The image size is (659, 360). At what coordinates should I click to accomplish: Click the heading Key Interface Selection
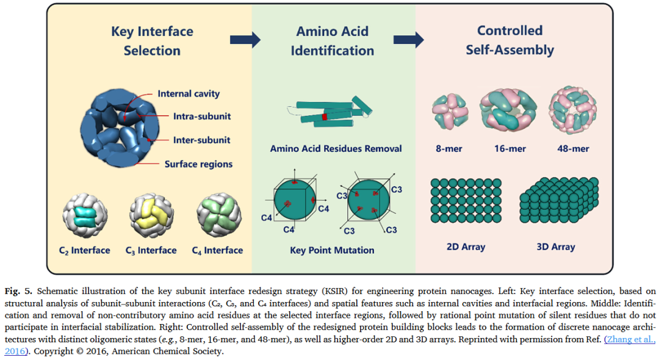pyautogui.click(x=152, y=41)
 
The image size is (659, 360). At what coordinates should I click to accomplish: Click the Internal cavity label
pyautogui.click(x=189, y=94)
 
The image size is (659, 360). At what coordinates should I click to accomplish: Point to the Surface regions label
pyautogui.click(x=198, y=164)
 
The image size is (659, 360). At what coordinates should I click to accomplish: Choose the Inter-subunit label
pyautogui.click(x=201, y=140)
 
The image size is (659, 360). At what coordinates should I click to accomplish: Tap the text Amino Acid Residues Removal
pyautogui.click(x=336, y=148)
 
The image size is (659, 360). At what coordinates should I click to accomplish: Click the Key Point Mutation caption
pyautogui.click(x=332, y=250)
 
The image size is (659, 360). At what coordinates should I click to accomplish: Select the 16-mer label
pyautogui.click(x=509, y=148)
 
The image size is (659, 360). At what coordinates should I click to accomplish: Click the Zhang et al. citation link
pyautogui.click(x=628, y=339)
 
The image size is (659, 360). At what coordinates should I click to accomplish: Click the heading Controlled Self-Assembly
pyautogui.click(x=510, y=40)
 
